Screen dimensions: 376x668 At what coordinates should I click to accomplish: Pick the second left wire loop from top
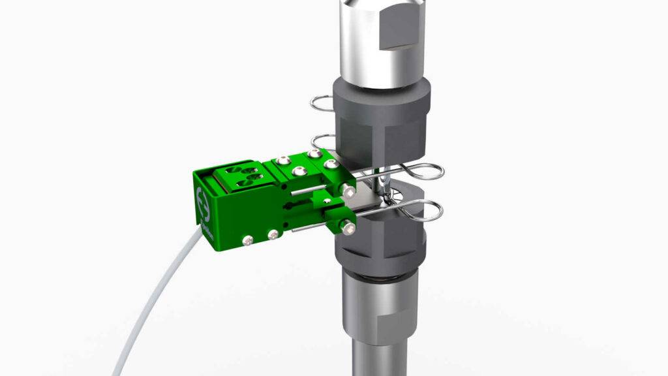323,140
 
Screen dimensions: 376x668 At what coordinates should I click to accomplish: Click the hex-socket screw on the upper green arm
350,192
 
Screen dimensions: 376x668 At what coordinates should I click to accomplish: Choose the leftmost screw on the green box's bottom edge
248,242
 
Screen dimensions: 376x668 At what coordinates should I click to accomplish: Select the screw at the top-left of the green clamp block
282,159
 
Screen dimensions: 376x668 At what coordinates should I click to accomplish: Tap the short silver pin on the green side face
303,193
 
